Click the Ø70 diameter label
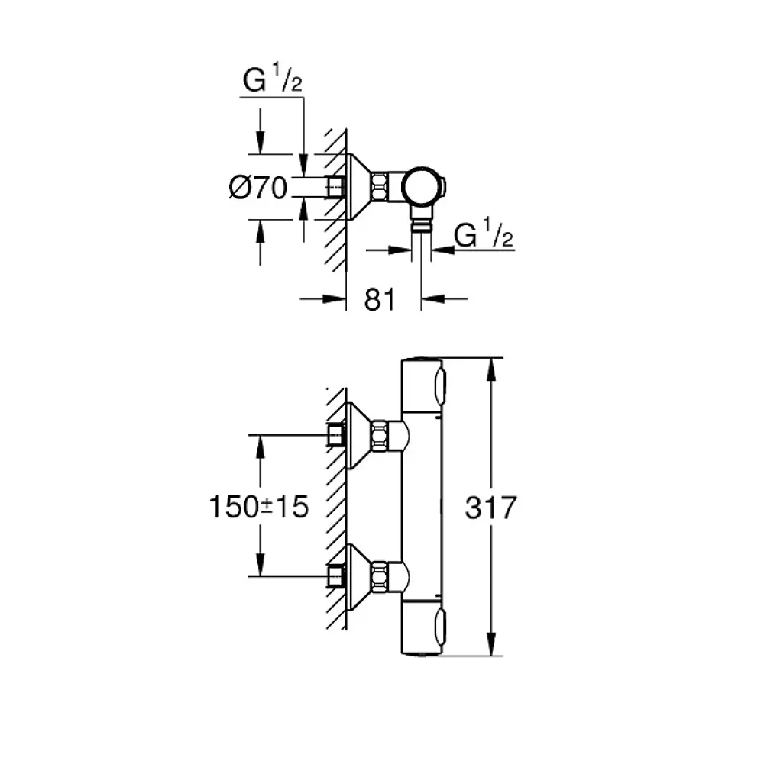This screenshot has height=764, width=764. (x=258, y=187)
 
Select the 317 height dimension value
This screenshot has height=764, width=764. (x=490, y=508)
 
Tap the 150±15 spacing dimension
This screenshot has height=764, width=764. (x=259, y=506)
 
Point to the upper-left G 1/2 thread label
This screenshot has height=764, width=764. (x=272, y=79)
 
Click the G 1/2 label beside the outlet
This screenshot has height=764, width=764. (x=484, y=233)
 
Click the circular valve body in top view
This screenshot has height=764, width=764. (x=422, y=187)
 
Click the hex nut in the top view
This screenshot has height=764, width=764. (x=380, y=187)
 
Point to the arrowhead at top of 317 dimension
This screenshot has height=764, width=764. (x=491, y=369)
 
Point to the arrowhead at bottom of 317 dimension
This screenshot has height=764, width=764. (x=491, y=644)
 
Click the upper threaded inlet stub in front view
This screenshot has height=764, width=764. (x=336, y=434)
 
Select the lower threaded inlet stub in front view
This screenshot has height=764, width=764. (x=336, y=575)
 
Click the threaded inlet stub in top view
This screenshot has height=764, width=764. (x=336, y=187)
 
